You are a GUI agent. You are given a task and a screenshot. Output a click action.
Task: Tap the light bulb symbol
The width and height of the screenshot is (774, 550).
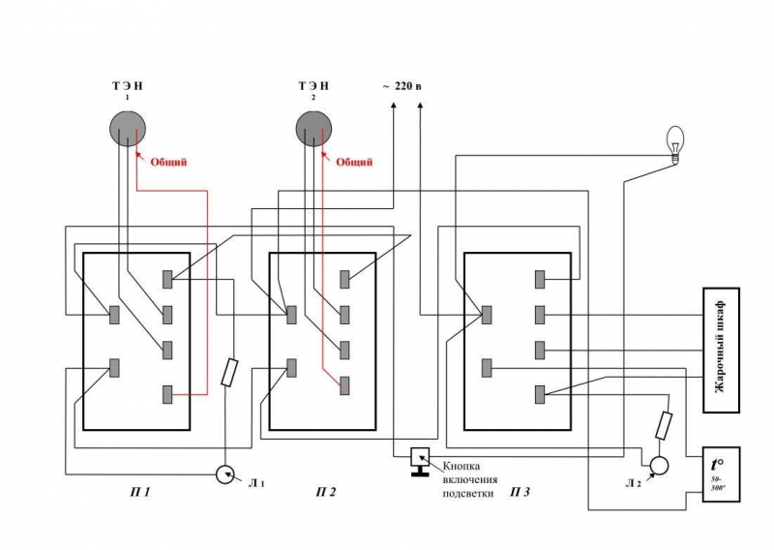point(676,141)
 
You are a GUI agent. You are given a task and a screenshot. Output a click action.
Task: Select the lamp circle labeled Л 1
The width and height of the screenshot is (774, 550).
point(224,474)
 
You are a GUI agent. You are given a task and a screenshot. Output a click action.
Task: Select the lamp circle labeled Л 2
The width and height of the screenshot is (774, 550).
point(659,466)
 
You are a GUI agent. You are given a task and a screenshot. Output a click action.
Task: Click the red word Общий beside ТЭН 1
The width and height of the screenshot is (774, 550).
point(167,162)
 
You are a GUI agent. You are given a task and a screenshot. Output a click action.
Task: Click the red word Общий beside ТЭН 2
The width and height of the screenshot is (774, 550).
point(354,162)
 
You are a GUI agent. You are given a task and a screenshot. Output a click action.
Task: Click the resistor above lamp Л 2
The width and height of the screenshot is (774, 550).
point(666,424)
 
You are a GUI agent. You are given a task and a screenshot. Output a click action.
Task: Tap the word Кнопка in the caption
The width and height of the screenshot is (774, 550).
point(467,466)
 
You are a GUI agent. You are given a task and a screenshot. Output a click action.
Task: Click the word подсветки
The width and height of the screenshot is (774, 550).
point(467,493)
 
